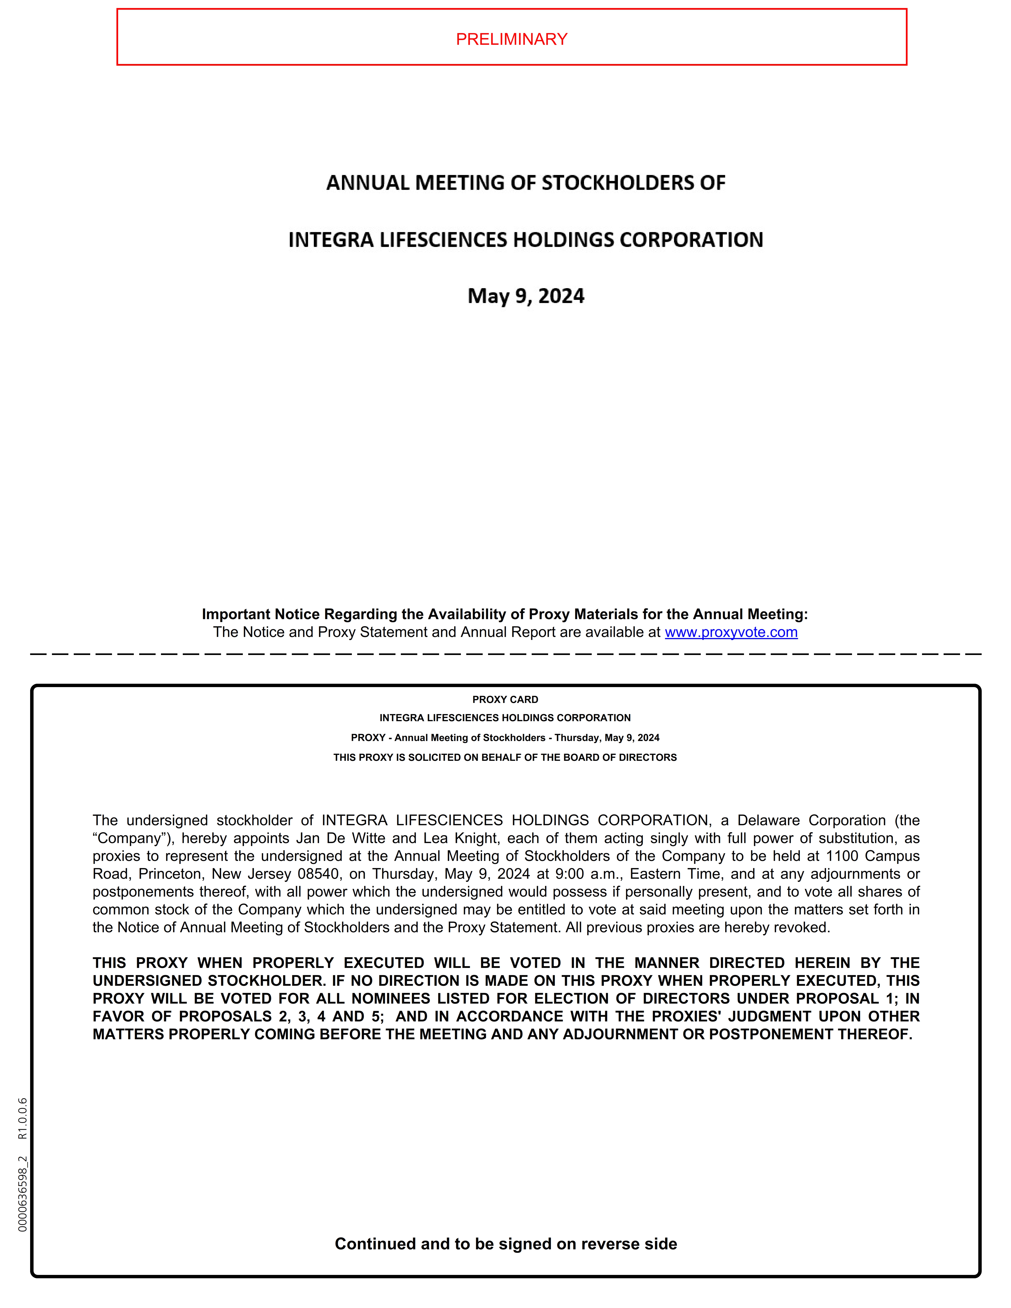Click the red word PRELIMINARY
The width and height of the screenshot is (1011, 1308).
click(511, 39)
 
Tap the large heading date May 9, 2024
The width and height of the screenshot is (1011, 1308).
click(526, 296)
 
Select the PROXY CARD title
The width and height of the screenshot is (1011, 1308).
click(505, 700)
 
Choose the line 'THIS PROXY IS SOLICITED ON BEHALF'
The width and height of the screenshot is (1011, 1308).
click(505, 758)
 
